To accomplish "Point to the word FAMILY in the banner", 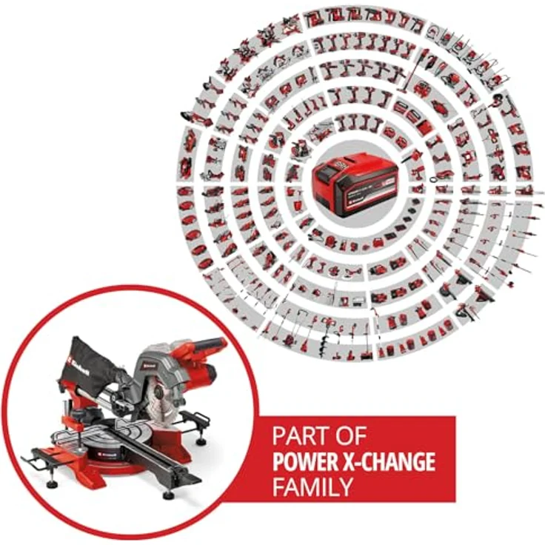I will click(312, 488).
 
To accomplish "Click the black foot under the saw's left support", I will click(52, 483).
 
